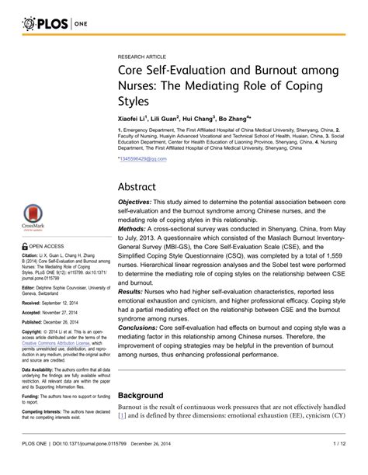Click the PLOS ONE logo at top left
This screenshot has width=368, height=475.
[44, 24]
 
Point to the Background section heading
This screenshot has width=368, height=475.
[141, 396]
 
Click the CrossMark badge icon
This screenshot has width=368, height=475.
[32, 217]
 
